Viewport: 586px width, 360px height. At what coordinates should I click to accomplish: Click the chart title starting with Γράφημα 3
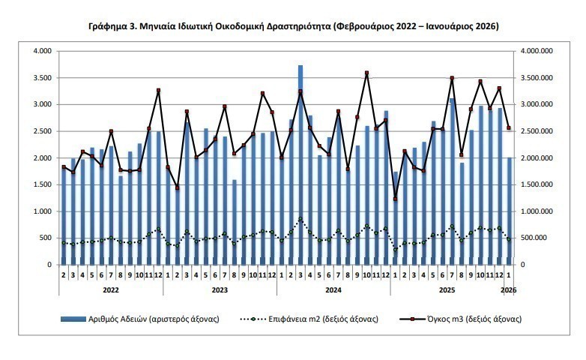(293, 26)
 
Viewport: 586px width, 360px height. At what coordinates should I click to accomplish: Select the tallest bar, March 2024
(300, 165)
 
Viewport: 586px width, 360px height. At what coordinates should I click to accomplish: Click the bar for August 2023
(235, 222)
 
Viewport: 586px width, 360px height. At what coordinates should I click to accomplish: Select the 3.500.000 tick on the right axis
(537, 78)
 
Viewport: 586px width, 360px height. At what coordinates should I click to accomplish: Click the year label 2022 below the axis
(111, 289)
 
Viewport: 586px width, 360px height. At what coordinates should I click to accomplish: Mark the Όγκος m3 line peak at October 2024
(366, 73)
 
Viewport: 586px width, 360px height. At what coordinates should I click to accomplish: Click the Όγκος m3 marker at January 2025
(396, 199)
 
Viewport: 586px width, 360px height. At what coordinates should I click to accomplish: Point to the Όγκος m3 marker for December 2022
(158, 91)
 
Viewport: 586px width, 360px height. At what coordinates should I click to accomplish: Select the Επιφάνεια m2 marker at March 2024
(300, 219)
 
